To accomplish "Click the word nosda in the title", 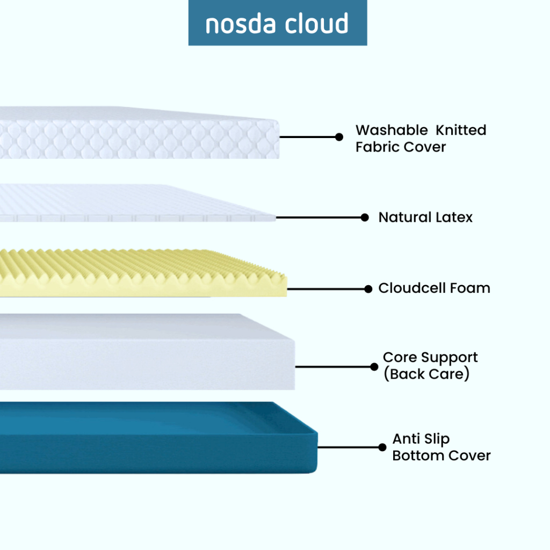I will point(242,24).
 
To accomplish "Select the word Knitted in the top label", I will point(461,130).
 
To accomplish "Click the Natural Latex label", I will point(425,218).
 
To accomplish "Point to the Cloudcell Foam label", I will point(434,288).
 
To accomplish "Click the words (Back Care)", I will point(426,374).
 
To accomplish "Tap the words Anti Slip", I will point(421,439).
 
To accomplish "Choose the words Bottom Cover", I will point(442,455).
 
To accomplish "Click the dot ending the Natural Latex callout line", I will point(365,218).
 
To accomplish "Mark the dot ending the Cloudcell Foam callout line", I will point(368,289).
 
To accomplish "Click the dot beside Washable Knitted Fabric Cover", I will point(339,137).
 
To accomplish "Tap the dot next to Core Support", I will point(374,367).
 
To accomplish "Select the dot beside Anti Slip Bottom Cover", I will point(382,447).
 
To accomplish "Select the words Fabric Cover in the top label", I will point(401,147).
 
